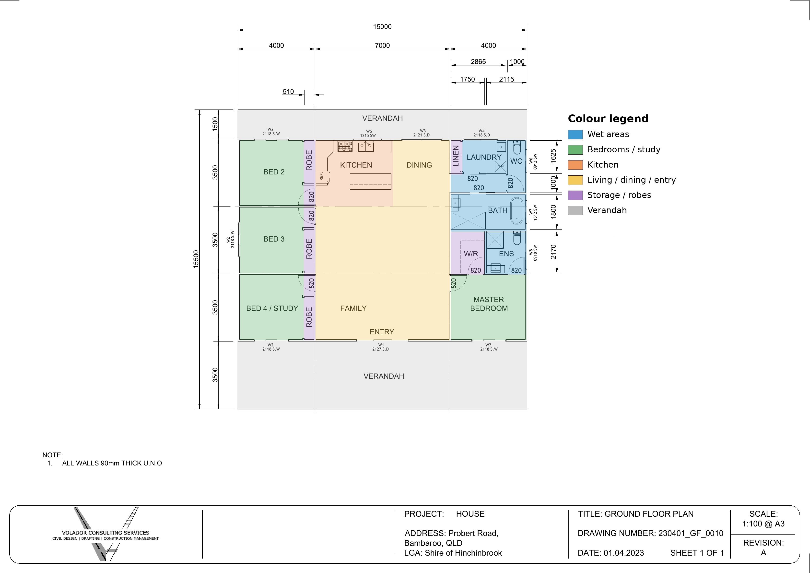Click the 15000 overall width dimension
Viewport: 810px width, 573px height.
pos(382,26)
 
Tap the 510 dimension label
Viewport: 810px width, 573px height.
pos(288,91)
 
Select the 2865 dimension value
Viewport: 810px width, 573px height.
pos(478,61)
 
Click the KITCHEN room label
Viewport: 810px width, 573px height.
pos(356,165)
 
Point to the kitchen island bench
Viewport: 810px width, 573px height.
pos(370,182)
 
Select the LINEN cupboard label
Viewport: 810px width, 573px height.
pos(456,156)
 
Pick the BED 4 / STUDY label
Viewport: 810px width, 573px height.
pos(272,308)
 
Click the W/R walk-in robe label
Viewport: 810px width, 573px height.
pos(471,254)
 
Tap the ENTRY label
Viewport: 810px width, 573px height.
pos(382,332)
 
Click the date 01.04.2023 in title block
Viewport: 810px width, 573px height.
pos(624,553)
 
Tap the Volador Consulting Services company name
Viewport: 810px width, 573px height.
pos(106,533)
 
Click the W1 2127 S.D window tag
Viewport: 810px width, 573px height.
pos(381,347)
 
